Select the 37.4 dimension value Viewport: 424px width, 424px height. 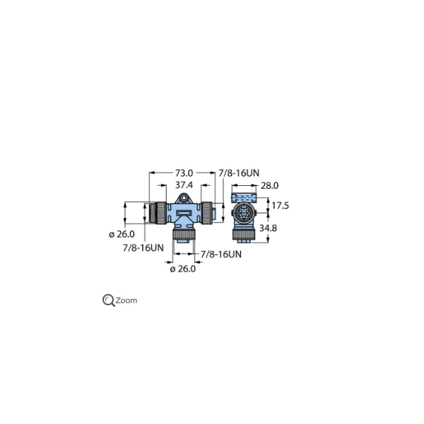tap(184, 186)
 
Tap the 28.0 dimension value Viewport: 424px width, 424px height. tap(269, 186)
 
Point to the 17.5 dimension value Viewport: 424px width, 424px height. tap(281, 206)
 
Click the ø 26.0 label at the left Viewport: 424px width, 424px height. tap(122, 234)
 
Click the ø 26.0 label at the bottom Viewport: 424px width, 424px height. tap(182, 269)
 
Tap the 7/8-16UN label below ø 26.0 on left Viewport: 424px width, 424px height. tap(143, 247)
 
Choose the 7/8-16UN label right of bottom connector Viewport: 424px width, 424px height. tap(221, 254)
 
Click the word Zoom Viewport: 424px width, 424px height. tap(126, 300)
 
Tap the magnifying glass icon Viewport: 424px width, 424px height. tap(109, 300)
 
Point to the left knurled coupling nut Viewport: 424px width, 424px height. tap(161, 210)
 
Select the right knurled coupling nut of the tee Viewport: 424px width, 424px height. tap(208, 210)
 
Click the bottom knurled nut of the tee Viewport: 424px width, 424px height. tap(184, 234)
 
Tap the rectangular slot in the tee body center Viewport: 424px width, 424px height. tap(184, 213)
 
